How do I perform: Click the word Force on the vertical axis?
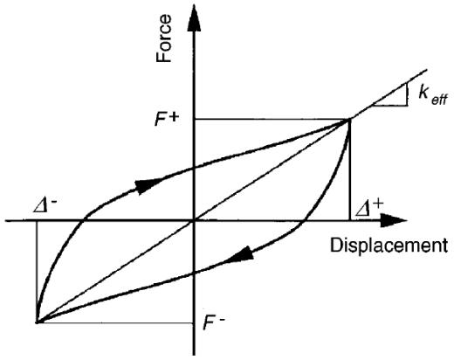[163, 38]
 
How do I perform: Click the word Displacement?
[389, 246]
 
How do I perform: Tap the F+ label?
[166, 119]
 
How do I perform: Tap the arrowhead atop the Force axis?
[194, 17]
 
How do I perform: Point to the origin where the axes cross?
[194, 221]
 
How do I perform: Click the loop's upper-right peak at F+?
[349, 120]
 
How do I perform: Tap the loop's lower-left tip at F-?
[37, 322]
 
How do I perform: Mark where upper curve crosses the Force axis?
[194, 168]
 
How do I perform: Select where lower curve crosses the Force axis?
[194, 273]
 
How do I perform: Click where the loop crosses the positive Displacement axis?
[304, 221]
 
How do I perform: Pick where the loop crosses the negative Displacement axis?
[83, 221]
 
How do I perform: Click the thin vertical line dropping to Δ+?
[349, 170]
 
